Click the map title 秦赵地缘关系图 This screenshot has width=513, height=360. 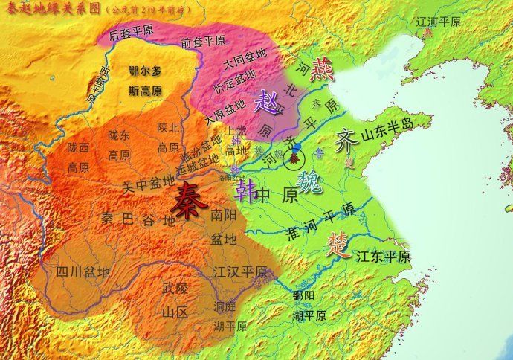(52, 9)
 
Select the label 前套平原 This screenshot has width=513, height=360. (203, 43)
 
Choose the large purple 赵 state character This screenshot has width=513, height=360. (265, 103)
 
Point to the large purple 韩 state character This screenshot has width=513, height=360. (243, 193)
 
